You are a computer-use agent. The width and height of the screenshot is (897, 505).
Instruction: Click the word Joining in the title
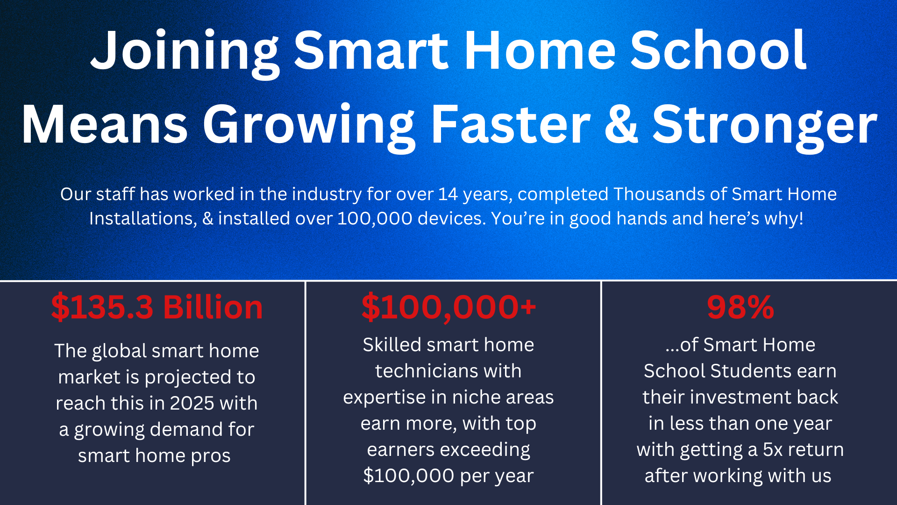coord(185,51)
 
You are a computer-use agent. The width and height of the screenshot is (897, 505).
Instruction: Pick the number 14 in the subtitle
coord(448,194)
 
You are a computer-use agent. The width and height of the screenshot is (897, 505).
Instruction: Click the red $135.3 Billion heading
coord(157,307)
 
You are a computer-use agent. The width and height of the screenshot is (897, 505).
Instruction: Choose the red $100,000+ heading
coord(448,307)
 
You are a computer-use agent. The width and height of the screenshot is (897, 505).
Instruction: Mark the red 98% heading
coord(740,307)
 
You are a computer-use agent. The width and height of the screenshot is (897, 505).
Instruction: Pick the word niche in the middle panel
coord(473,397)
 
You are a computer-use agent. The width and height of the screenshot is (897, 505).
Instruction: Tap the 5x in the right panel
coord(773,450)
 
